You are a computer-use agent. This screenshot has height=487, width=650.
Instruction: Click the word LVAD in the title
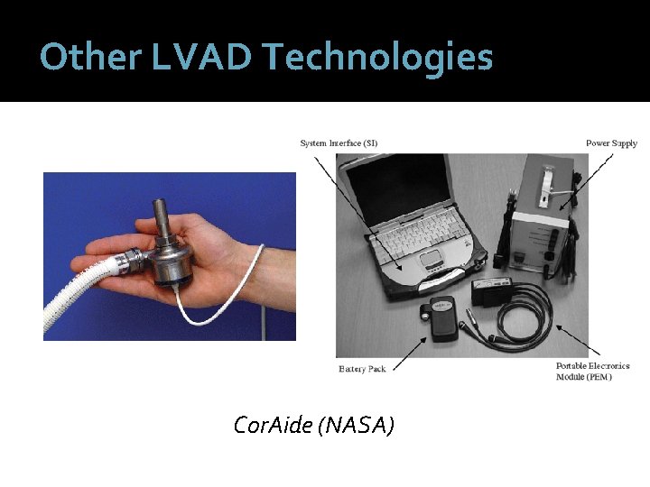click(x=200, y=57)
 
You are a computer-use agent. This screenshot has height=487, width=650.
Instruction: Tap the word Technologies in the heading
click(x=378, y=57)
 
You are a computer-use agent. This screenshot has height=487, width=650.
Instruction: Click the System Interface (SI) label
click(x=339, y=142)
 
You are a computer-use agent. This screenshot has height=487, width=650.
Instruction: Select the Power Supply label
click(x=611, y=142)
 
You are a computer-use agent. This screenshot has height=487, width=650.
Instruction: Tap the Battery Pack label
click(x=362, y=368)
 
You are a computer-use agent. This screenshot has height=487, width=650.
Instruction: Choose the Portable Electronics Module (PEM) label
click(x=592, y=372)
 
